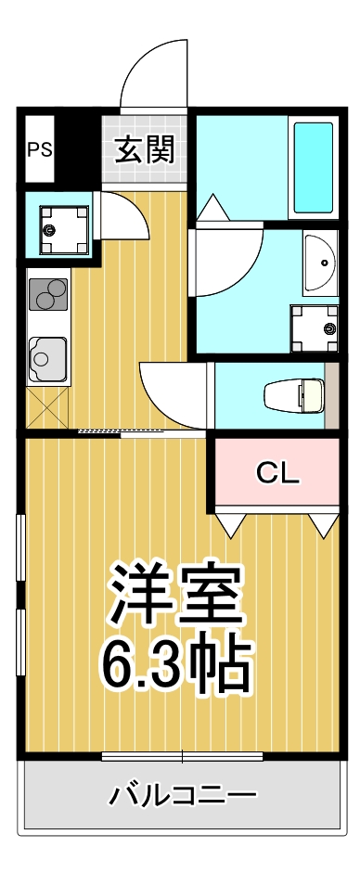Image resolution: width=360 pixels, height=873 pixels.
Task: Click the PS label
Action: (x=39, y=149)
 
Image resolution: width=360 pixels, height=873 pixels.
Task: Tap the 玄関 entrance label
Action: (x=145, y=148)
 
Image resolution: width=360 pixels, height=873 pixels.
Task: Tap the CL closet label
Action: (x=277, y=473)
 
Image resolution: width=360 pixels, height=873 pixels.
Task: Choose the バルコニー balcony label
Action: (x=183, y=795)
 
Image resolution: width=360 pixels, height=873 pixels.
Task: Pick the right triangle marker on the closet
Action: (x=323, y=524)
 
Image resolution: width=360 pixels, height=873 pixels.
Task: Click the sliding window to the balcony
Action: (x=182, y=756)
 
